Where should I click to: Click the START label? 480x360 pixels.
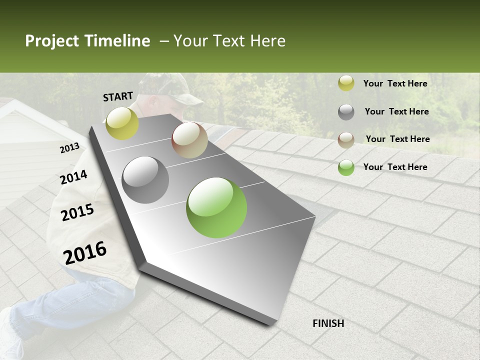118,96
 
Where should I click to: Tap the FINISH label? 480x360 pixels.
328,323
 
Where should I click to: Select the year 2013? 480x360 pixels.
69,148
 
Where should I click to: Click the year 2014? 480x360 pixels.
73,177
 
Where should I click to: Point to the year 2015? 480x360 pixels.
77,212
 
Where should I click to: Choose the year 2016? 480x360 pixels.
85,252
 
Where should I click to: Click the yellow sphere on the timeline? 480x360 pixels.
122,123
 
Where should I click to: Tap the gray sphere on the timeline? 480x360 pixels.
145,180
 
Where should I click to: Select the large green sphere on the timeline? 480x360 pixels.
216,207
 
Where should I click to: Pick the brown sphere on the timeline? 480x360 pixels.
190,140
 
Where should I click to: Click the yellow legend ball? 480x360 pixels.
346,83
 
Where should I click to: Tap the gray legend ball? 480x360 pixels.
346,112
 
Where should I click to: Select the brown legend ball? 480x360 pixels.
346,140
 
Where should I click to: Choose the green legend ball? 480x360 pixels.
346,167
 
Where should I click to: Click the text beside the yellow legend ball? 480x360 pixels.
395,83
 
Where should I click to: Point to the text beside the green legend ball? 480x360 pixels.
395,167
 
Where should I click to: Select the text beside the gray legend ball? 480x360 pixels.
396,111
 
